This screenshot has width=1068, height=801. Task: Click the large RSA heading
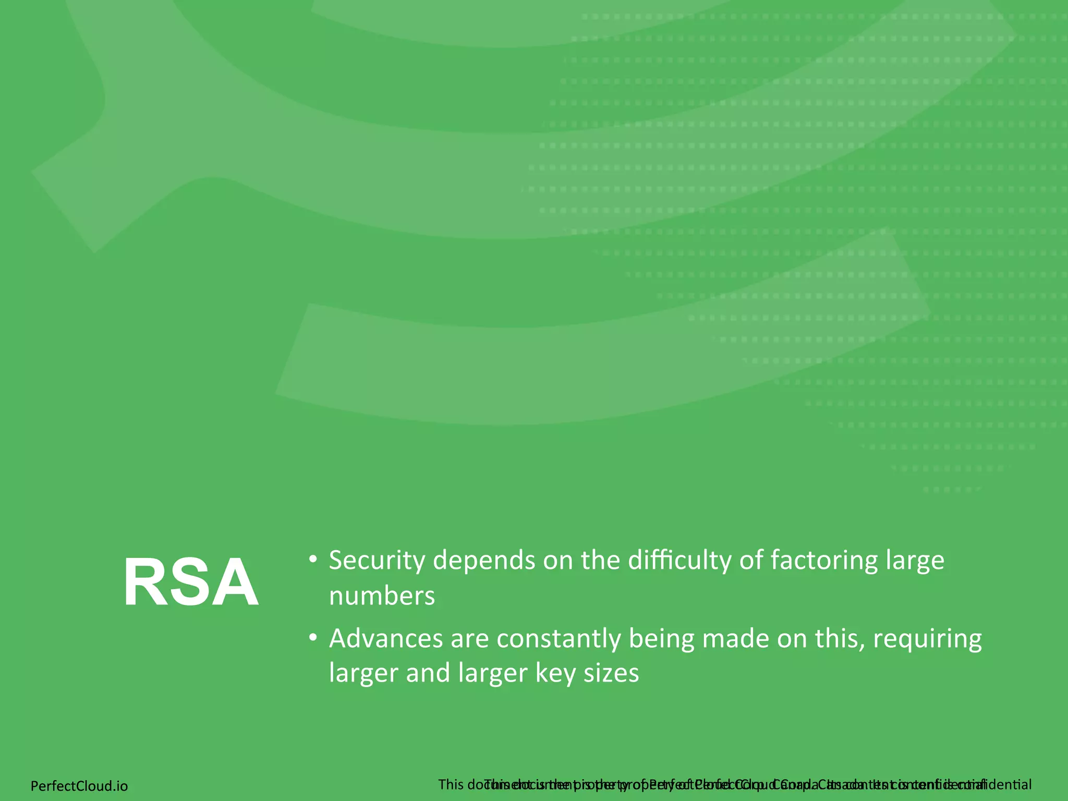pos(191,582)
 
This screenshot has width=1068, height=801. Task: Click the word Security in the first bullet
pos(377,561)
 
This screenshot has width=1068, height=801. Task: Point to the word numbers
pos(382,596)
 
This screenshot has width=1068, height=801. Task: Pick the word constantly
pos(558,638)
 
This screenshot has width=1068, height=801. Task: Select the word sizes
pos(611,673)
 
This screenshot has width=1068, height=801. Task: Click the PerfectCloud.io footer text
pos(79,786)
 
